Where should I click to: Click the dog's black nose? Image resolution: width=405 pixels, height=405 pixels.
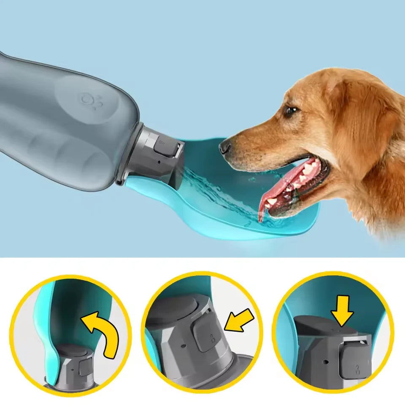tap(224, 147)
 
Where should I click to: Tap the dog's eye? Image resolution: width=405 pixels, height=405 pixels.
tap(290, 111)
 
